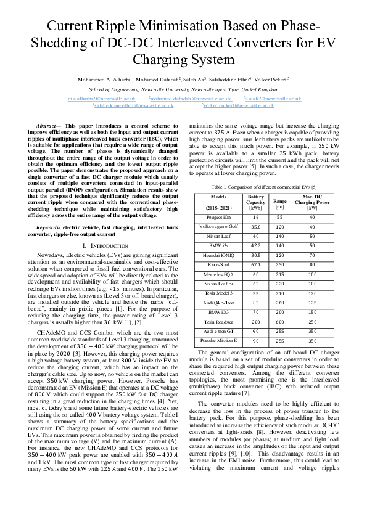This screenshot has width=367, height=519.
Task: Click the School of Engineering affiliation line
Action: tap(183, 89)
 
